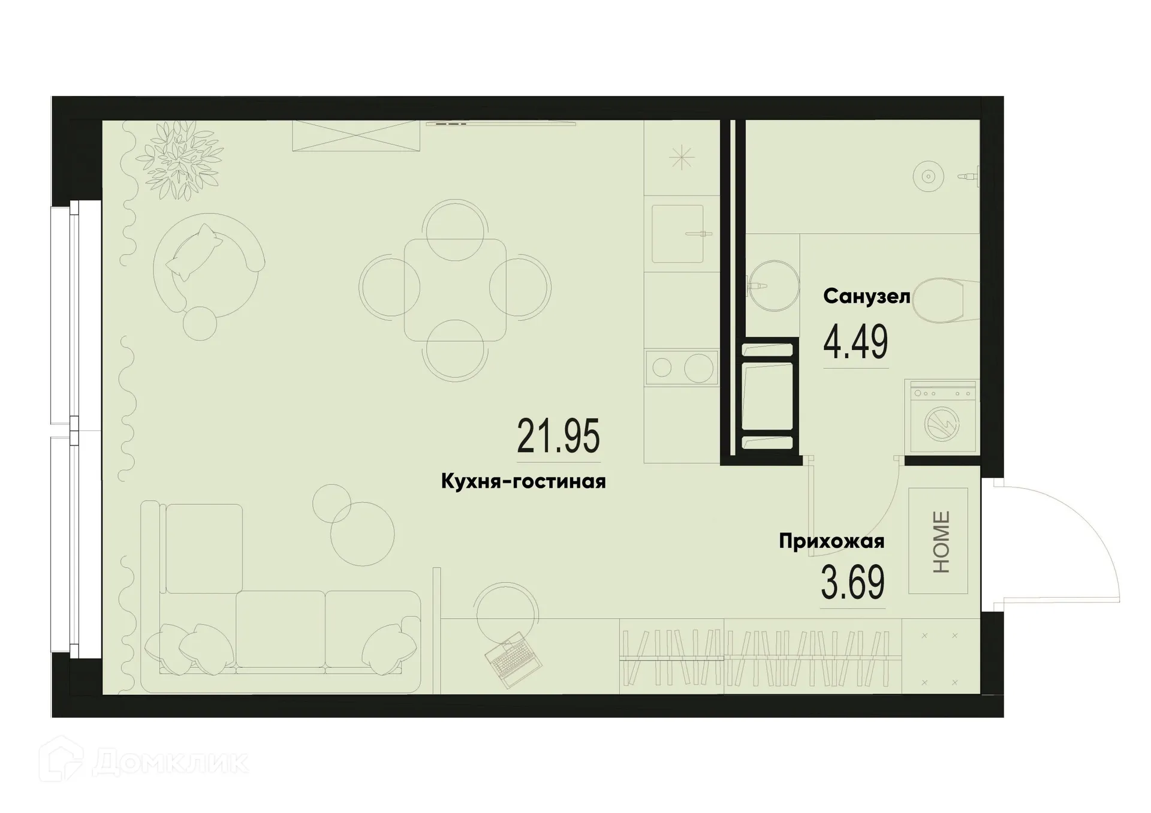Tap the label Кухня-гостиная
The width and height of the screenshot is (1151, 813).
523,481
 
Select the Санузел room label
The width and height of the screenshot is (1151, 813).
866,296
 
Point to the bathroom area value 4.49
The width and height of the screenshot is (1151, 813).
855,342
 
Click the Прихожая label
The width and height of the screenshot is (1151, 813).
831,541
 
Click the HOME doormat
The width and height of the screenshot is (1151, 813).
938,541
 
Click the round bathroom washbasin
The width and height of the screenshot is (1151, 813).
774,285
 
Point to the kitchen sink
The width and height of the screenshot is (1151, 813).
677,234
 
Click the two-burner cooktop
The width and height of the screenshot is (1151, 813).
682,367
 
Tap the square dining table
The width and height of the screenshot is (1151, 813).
455,290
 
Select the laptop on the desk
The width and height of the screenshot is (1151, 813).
513,660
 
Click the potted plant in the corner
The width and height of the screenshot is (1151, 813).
179,159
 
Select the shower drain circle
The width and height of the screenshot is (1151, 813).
928,176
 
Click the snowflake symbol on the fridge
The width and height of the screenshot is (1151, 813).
682,159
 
